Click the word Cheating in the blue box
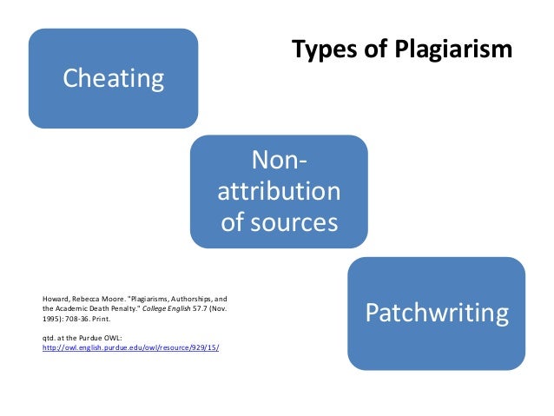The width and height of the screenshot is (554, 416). tap(113, 79)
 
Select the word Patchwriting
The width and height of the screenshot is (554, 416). tap(436, 313)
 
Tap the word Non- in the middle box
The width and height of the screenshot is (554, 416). tap(279, 161)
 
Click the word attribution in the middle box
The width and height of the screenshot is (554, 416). tap(279, 191)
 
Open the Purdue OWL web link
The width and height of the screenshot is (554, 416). tap(131, 347)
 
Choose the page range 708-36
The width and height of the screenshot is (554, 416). tap(75, 320)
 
